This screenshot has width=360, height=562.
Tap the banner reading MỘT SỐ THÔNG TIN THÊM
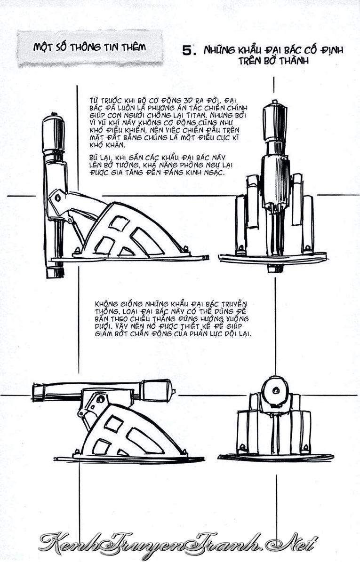89,47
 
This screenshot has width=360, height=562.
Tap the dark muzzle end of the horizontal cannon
157,390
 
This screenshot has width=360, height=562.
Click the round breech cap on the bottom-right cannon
275,390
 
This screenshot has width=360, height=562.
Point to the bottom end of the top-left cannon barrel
55,272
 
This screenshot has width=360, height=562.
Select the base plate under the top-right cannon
272,258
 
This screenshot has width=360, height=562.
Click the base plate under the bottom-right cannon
276,457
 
